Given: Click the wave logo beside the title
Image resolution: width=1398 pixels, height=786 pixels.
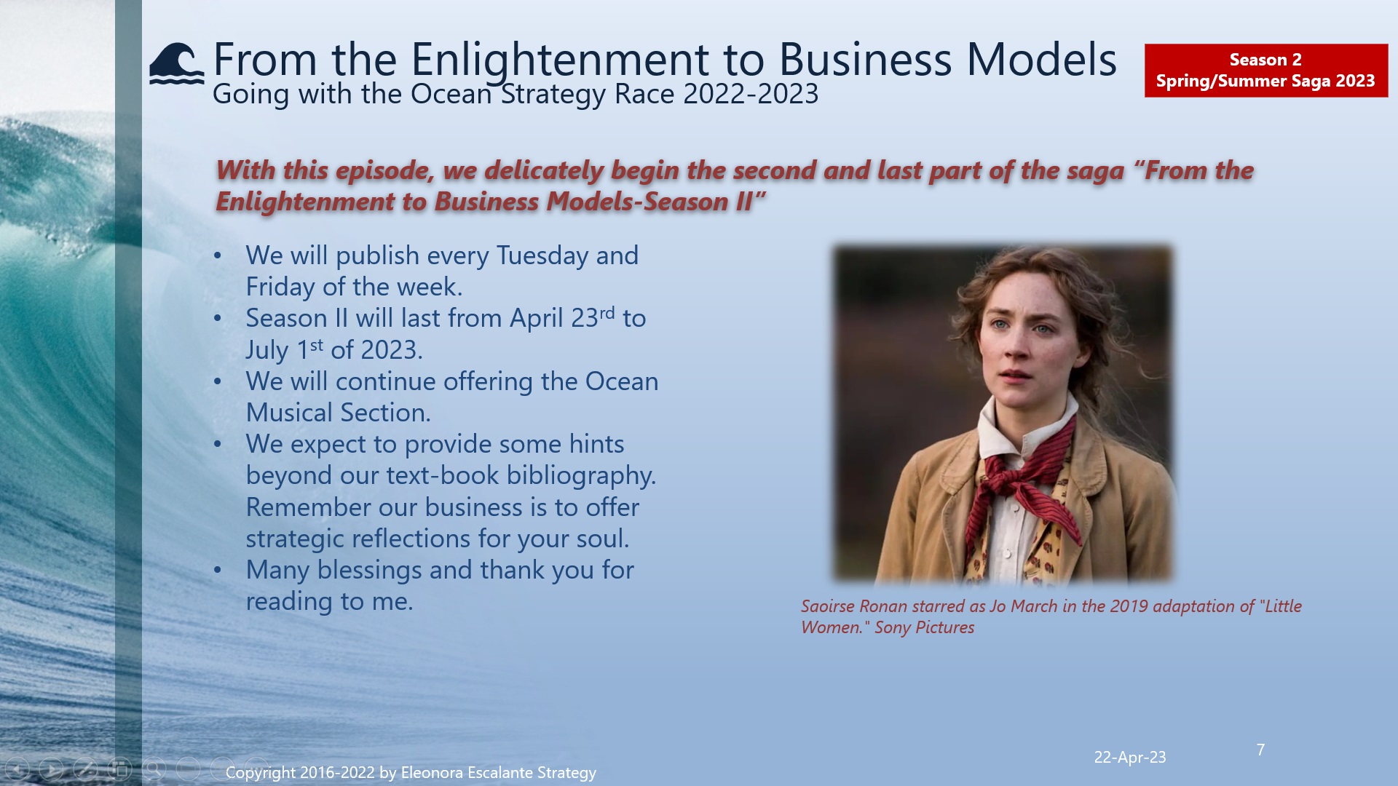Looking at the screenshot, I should click(176, 63).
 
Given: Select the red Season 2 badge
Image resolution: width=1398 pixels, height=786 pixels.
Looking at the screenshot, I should click(1265, 71).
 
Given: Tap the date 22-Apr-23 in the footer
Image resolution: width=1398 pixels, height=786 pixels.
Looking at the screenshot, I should click(1129, 758).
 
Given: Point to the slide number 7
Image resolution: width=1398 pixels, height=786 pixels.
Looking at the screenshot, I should click(1260, 750).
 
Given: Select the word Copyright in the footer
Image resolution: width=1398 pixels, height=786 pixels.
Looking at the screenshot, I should click(261, 773).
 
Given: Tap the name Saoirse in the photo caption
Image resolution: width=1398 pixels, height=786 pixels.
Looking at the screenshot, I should click(828, 606).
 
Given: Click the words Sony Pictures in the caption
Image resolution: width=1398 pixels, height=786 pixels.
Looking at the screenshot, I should click(924, 627).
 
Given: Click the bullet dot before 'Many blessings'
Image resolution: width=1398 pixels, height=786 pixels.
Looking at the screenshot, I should click(218, 571).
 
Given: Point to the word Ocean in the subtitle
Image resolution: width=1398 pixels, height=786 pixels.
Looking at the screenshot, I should click(451, 95).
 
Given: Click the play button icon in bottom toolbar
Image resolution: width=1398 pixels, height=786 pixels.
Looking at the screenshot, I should click(51, 769).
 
